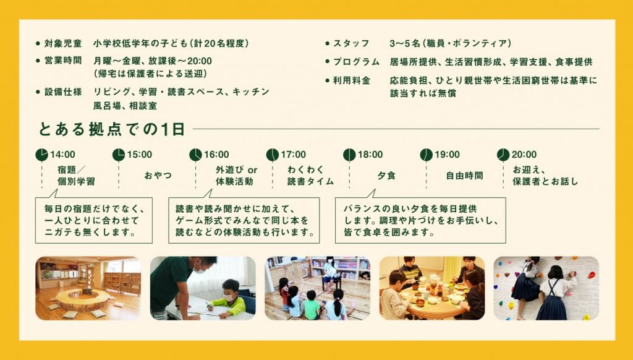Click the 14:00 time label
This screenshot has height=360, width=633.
point(62,155)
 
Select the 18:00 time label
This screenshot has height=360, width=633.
point(370,155)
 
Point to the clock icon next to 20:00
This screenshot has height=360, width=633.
point(503,155)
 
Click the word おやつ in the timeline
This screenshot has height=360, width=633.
point(158,176)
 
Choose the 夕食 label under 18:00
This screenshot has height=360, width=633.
point(386,176)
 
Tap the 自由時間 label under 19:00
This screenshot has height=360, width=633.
point(464,176)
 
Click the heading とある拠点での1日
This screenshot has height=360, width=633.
point(112,129)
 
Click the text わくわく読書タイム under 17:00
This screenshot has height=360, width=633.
point(310,176)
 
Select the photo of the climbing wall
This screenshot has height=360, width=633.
point(546,288)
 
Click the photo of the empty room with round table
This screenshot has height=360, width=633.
point(88,288)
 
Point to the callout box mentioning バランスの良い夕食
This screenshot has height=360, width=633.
point(420,220)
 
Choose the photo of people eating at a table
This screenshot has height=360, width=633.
point(431,288)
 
